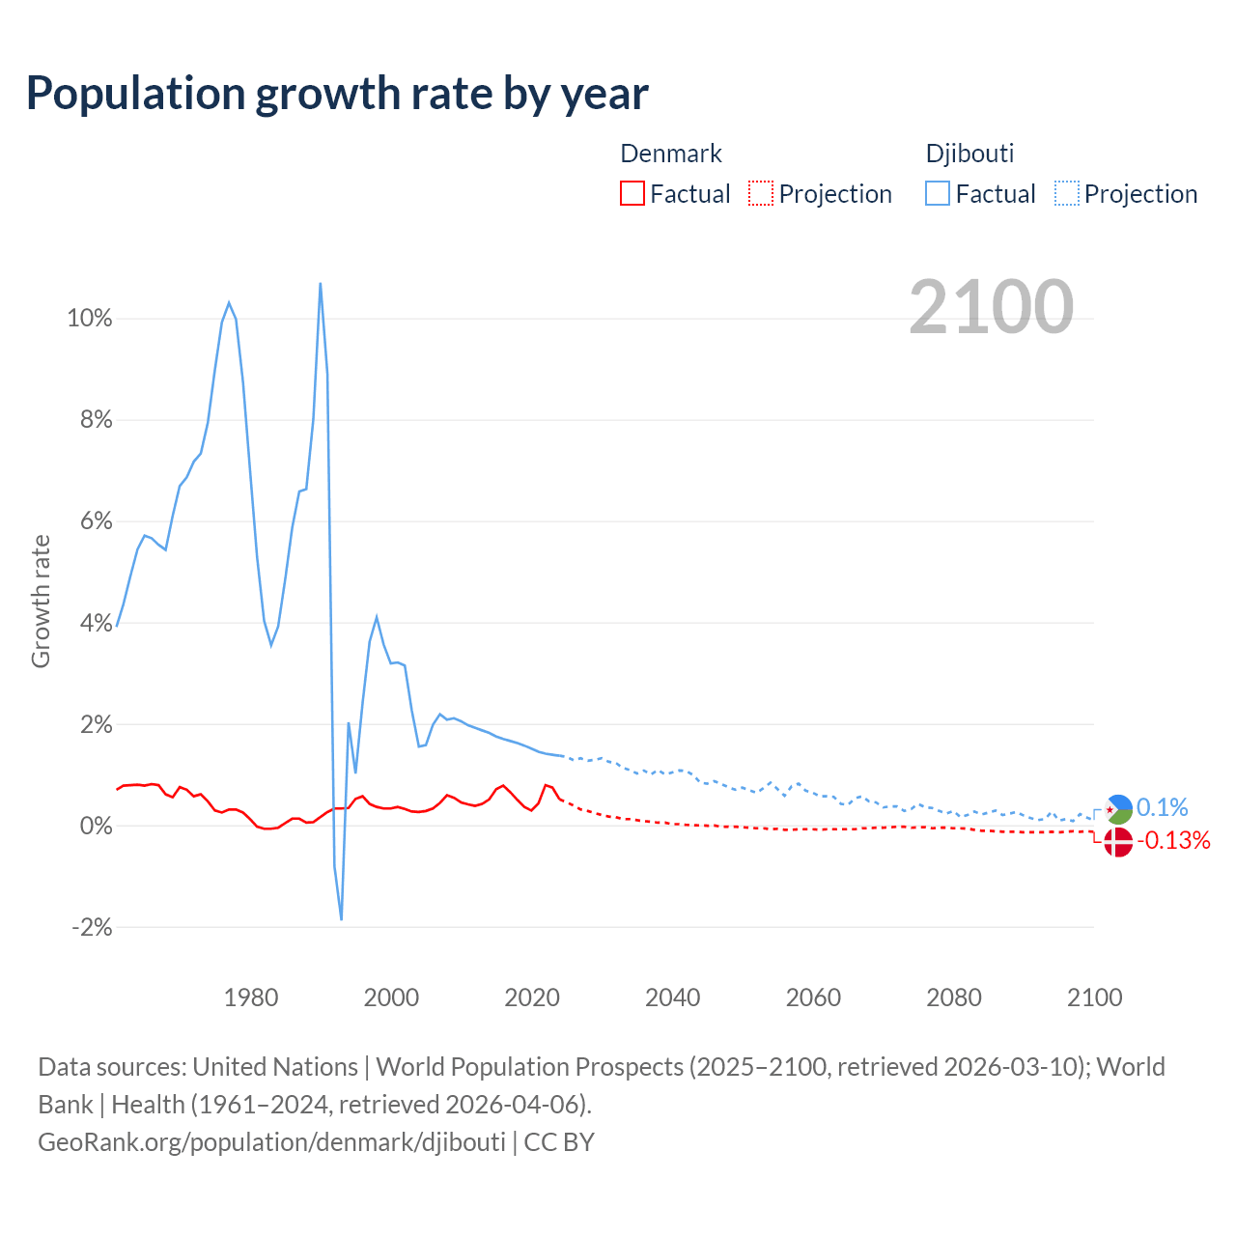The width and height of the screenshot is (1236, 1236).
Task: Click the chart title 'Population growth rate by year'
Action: (x=337, y=94)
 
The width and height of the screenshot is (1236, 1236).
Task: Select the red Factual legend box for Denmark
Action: (x=632, y=193)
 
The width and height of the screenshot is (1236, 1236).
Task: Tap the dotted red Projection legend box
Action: (x=761, y=193)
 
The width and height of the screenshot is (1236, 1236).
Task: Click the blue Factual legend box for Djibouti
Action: (x=938, y=193)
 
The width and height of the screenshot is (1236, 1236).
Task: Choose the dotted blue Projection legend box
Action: (x=1067, y=193)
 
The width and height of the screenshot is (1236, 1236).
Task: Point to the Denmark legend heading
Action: (x=670, y=154)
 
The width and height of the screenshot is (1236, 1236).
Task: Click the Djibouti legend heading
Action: (x=969, y=154)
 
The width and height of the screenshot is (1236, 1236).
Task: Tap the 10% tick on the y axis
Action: (x=90, y=319)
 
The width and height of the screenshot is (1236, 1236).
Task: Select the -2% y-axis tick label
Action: (x=92, y=927)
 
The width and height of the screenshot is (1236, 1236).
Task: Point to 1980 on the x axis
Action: (x=251, y=997)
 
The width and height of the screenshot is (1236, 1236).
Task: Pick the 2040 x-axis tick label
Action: (x=673, y=997)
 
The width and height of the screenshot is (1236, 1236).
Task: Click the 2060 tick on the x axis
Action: (x=813, y=997)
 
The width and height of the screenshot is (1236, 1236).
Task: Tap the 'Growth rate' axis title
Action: (x=41, y=601)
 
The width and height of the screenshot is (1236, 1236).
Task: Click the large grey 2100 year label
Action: (x=991, y=307)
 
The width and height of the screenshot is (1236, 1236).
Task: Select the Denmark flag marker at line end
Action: (x=1117, y=842)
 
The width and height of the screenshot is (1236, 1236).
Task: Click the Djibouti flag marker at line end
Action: (x=1118, y=809)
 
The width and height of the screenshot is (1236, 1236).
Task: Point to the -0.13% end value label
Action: (x=1173, y=841)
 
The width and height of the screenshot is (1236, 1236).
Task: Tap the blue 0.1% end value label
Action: (x=1162, y=807)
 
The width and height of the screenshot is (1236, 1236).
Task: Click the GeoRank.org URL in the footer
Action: (x=271, y=1142)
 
